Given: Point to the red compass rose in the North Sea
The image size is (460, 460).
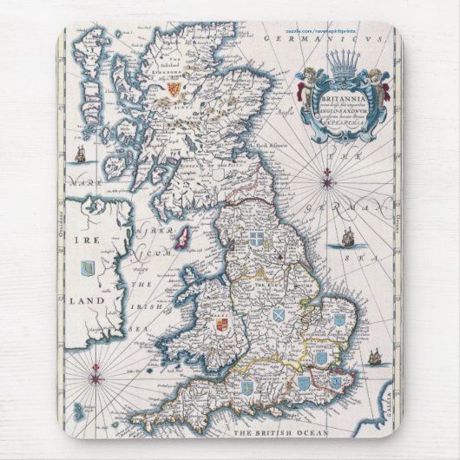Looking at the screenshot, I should (x=328, y=179).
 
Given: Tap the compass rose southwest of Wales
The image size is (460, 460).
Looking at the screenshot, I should (x=96, y=378).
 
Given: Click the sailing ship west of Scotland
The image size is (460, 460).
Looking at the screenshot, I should (x=80, y=155).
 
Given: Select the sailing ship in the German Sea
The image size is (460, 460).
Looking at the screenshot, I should (x=348, y=235).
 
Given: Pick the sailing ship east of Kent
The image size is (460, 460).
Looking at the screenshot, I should (x=375, y=357).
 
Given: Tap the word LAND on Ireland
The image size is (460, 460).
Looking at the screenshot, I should (x=88, y=299).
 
